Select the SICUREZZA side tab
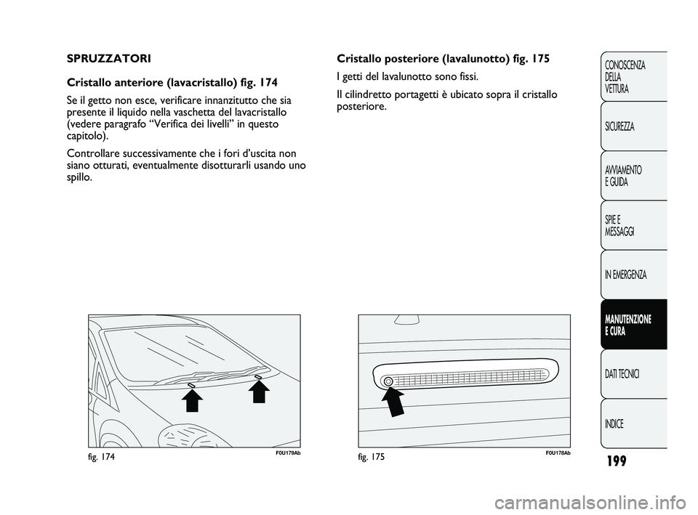(619, 126)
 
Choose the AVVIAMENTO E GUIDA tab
(622, 176)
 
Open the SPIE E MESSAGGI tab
(620, 225)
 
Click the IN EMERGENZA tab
(625, 275)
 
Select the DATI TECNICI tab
(622, 374)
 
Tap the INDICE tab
(614, 423)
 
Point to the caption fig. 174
(102, 458)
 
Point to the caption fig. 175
(372, 458)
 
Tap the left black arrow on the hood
(192, 404)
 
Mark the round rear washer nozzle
(388, 381)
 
